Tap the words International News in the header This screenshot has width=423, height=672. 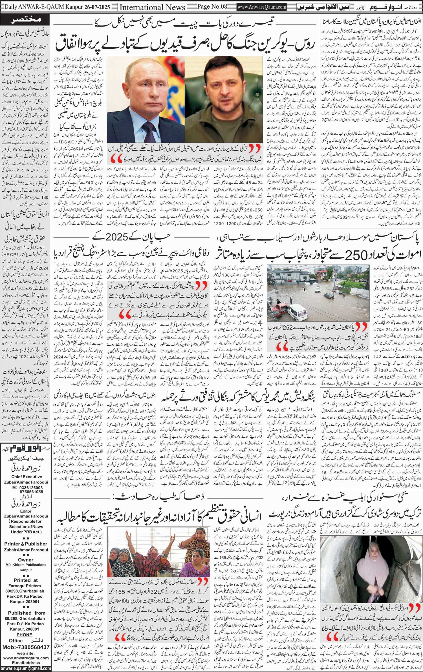pos(153,7)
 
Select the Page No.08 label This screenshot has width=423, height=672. pos(212,6)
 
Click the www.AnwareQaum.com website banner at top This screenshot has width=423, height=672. pos(262,7)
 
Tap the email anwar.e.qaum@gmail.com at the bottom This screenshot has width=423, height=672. pos(26,668)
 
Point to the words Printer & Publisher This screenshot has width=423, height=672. pos(26,544)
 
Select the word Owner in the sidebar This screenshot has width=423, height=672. pos(26,560)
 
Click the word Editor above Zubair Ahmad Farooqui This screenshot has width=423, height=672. pos(26,511)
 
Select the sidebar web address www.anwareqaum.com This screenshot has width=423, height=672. pos(26,658)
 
